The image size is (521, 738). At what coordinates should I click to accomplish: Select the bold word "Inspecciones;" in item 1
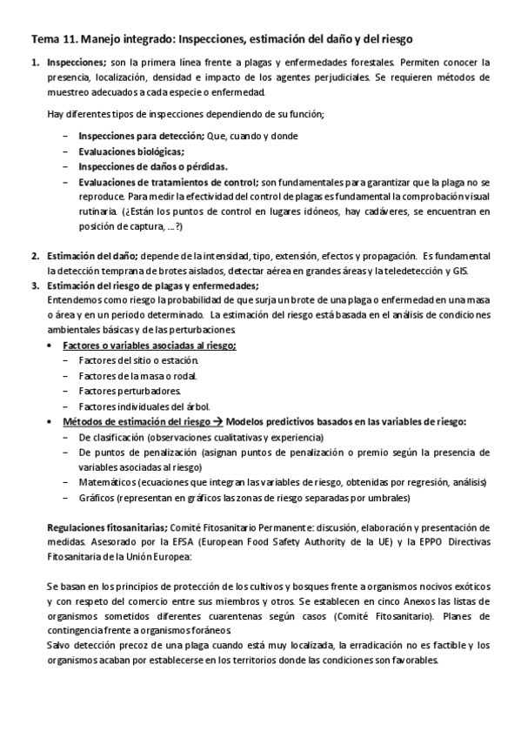click(x=76, y=62)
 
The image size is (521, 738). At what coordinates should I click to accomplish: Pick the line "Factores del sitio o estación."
click(x=138, y=360)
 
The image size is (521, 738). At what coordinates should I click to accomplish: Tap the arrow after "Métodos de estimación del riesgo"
click(x=218, y=421)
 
